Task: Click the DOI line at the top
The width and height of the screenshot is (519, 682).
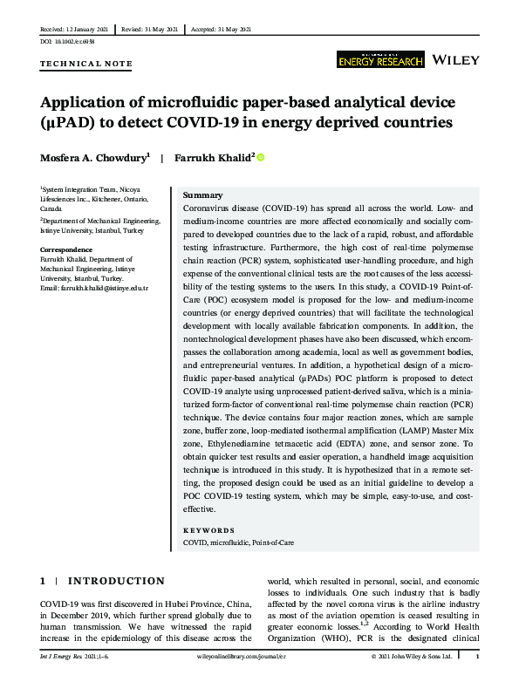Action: tap(67, 41)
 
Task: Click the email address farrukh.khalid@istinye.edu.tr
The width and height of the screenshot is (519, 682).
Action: tap(95, 288)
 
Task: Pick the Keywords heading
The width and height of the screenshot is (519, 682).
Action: tap(208, 530)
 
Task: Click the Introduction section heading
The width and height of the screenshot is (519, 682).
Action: tap(116, 581)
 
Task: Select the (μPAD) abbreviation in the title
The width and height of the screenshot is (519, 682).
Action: tap(71, 123)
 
